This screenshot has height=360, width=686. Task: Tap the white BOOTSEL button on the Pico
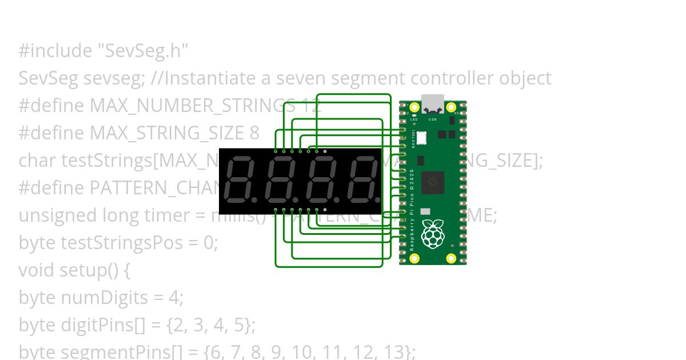[422, 138]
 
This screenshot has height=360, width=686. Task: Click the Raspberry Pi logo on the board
[433, 234]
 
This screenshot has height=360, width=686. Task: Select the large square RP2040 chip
[432, 182]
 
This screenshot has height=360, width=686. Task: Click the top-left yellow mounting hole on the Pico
[415, 107]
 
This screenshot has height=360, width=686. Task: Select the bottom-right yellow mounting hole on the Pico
[451, 259]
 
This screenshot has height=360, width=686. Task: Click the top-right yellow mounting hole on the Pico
[451, 107]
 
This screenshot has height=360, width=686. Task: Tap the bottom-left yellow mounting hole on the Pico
[415, 259]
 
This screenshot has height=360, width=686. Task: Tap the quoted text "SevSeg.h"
[143, 51]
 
